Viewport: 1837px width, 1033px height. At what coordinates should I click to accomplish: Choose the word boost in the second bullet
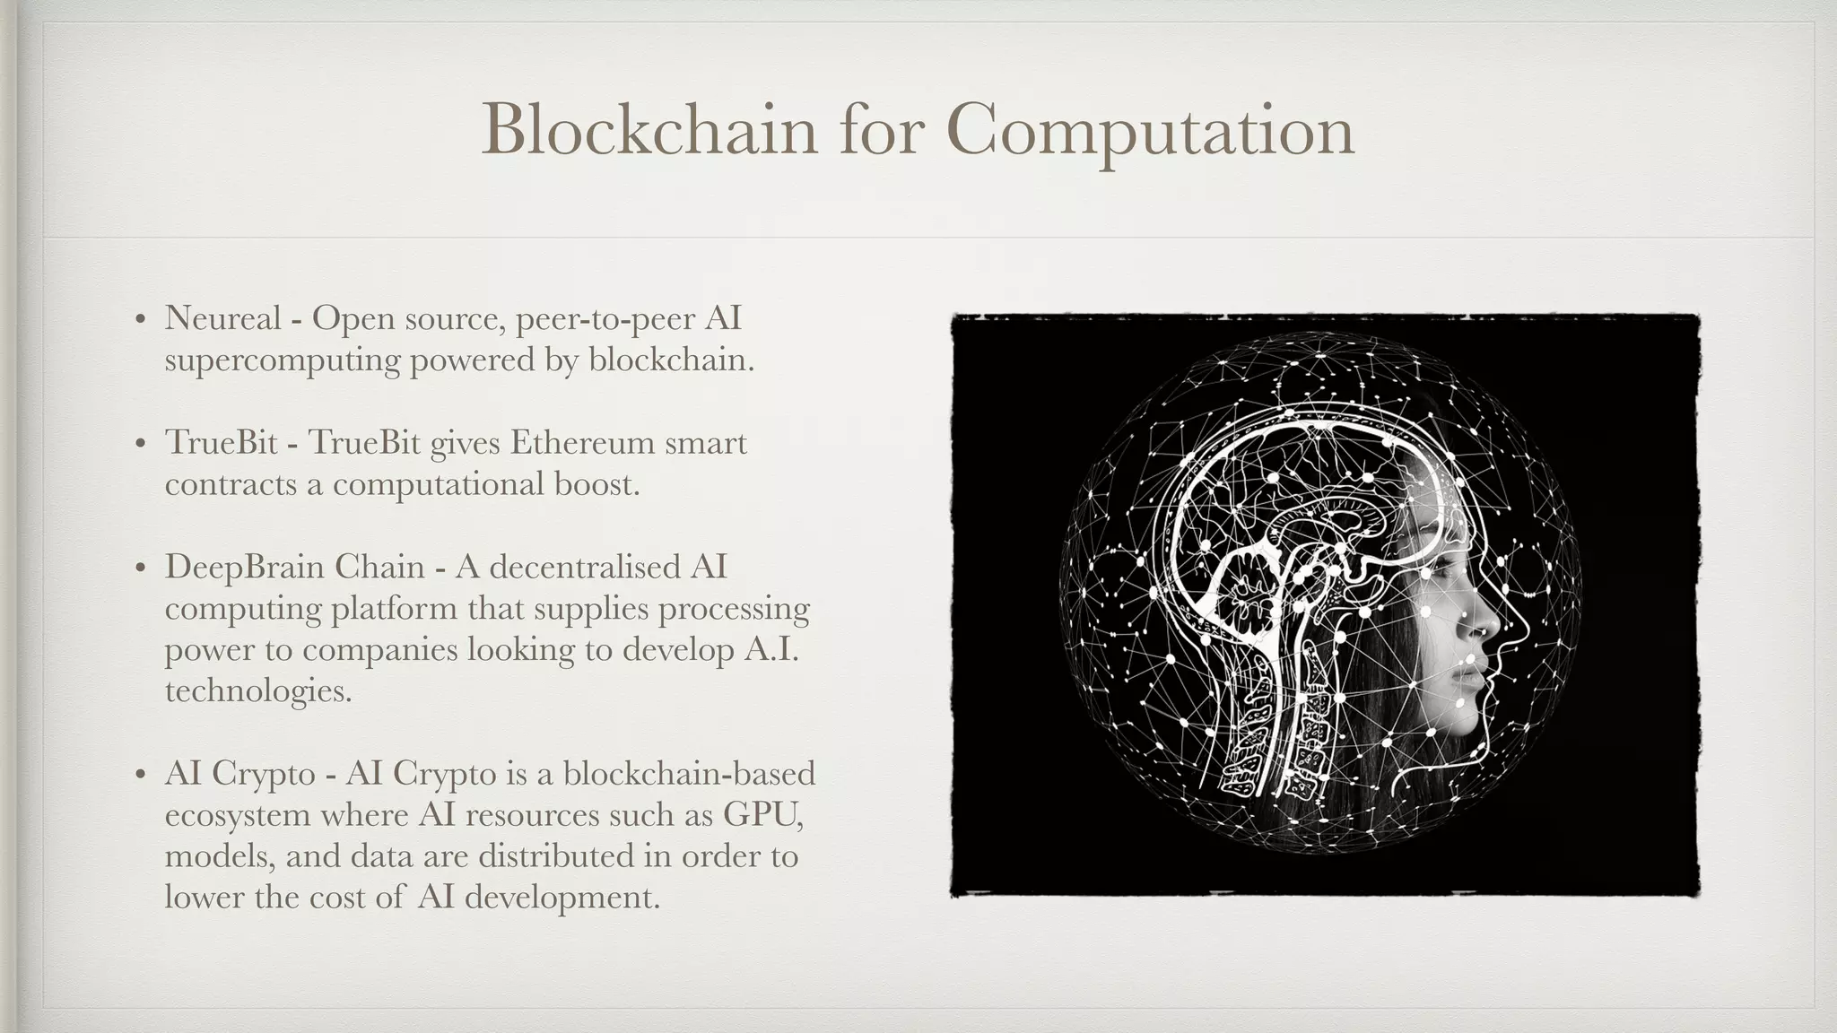(x=596, y=484)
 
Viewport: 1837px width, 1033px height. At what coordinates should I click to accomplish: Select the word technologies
(x=257, y=691)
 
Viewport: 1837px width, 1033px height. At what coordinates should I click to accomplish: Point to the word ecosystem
(x=236, y=816)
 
